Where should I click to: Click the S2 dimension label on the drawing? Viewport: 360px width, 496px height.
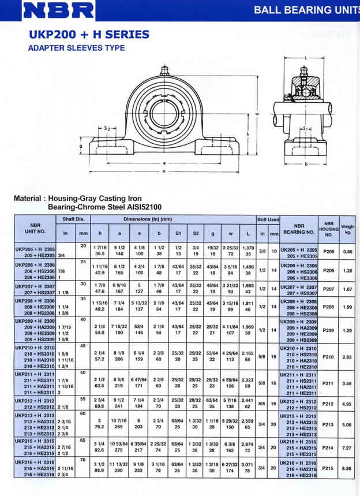click(x=107, y=128)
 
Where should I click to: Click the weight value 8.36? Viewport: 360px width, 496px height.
click(x=347, y=468)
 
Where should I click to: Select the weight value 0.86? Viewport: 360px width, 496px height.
click(x=347, y=252)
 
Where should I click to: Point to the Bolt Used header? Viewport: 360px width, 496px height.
click(x=268, y=219)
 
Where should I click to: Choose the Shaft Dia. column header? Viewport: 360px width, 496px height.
click(x=73, y=219)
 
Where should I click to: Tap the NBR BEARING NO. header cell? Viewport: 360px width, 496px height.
click(x=298, y=230)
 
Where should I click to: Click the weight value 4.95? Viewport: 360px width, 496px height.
click(x=347, y=404)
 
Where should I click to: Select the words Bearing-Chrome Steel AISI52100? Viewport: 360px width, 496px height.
click(x=96, y=206)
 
